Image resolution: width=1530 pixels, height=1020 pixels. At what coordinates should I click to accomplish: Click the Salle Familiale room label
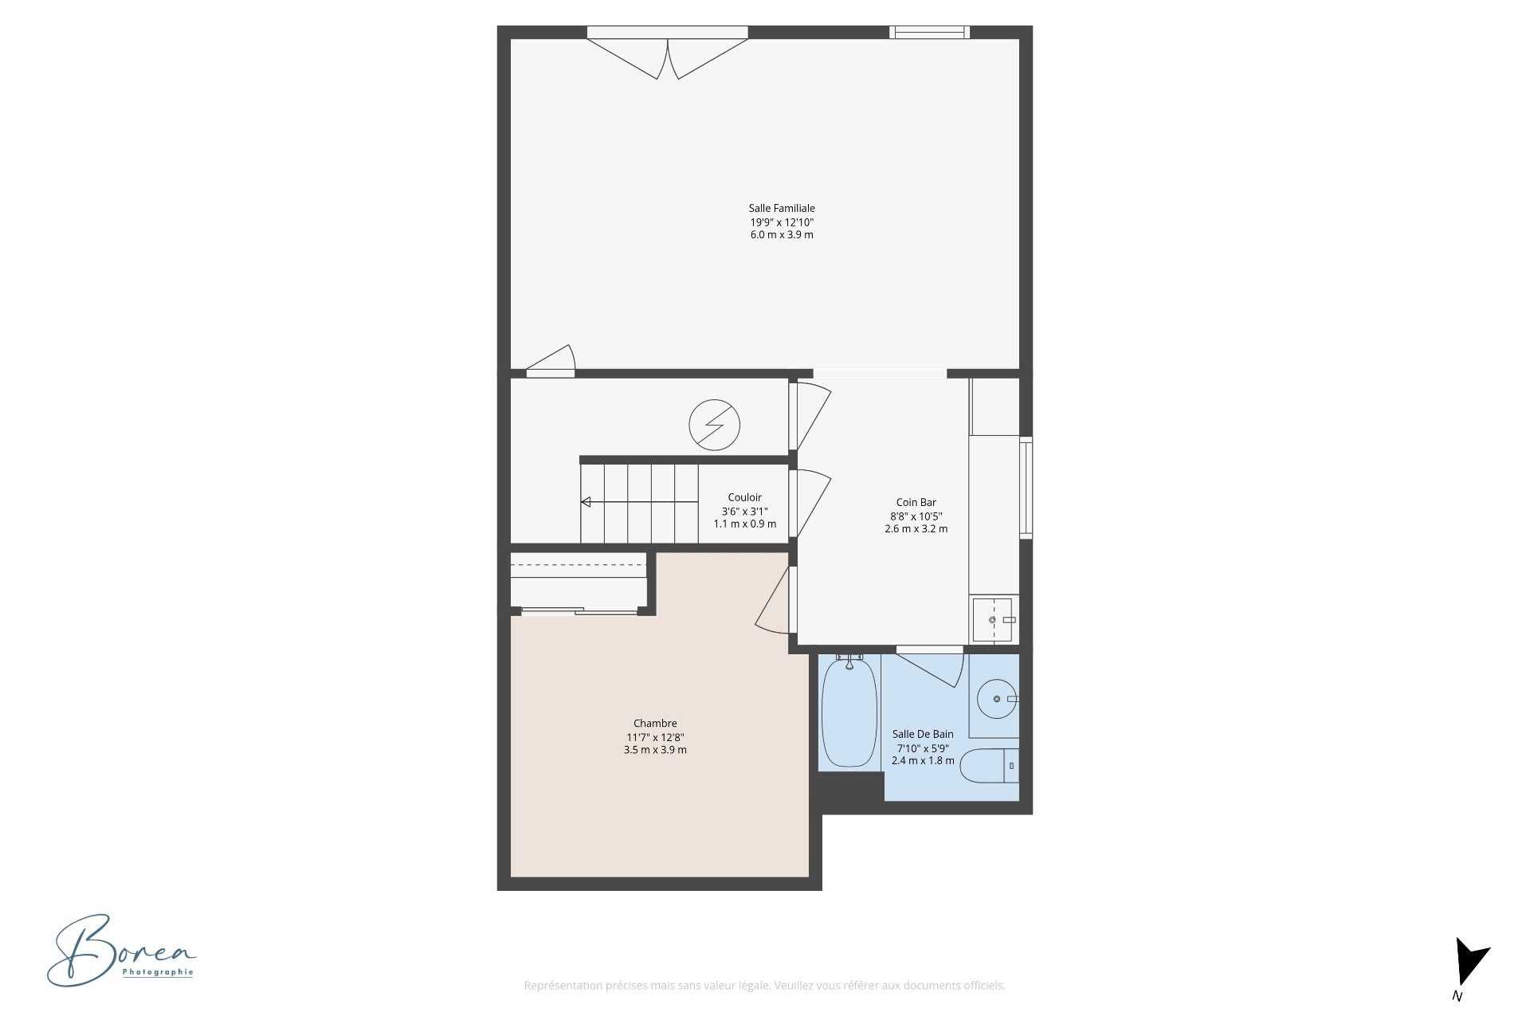tap(782, 209)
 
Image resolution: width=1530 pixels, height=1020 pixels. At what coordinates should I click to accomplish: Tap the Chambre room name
tap(655, 724)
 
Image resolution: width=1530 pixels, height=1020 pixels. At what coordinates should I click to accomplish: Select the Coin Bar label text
tap(916, 502)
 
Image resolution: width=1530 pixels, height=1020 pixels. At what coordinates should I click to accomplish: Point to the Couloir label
tap(745, 497)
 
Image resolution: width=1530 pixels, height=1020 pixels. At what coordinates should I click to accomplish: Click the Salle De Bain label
tap(923, 734)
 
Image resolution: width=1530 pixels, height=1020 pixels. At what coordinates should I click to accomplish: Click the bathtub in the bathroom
tap(849, 712)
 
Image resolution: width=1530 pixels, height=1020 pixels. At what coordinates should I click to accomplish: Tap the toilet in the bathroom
tap(989, 767)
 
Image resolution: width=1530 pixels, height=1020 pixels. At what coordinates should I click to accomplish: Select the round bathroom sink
tap(997, 699)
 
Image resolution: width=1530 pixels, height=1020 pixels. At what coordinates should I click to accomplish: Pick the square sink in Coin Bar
tap(992, 619)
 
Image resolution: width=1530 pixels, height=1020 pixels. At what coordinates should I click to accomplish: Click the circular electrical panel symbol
tap(715, 425)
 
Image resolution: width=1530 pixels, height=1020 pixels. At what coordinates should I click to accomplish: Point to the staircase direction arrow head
tap(586, 502)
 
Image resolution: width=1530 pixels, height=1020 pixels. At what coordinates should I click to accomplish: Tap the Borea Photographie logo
tap(121, 951)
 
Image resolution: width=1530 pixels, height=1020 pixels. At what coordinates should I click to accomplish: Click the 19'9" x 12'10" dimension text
tap(782, 222)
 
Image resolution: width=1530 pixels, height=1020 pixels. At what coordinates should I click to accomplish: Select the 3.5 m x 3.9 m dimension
tap(655, 750)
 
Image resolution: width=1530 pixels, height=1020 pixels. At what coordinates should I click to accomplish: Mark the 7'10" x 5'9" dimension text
tap(923, 748)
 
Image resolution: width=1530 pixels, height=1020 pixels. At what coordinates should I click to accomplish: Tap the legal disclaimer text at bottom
tap(764, 986)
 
